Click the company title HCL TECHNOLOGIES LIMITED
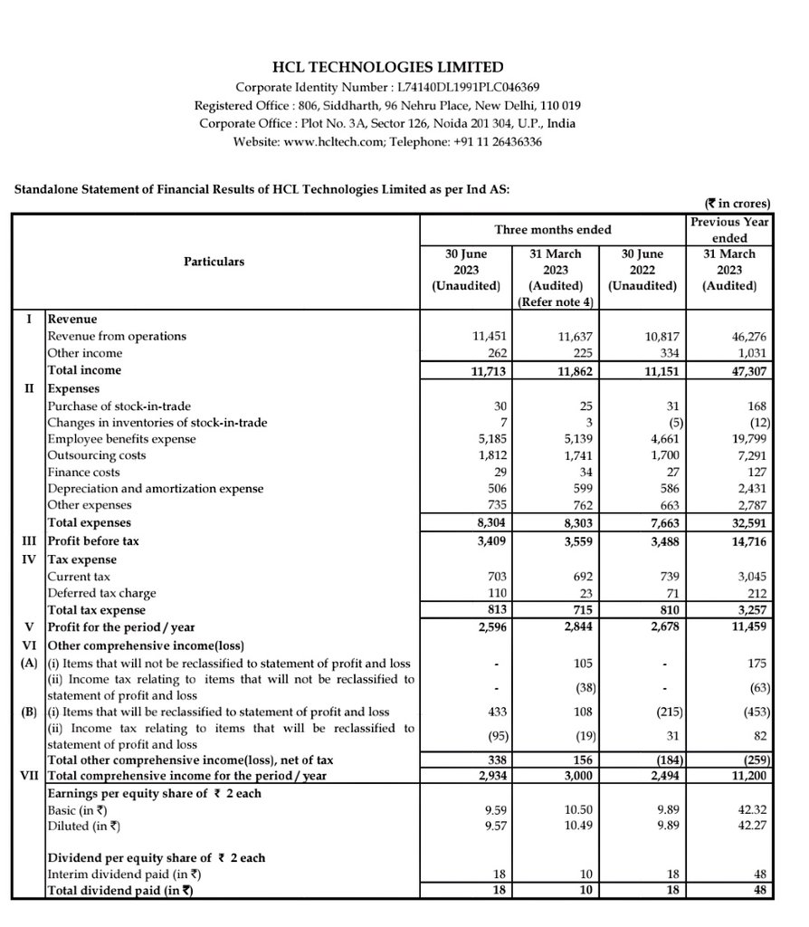(x=387, y=67)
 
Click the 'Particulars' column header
(x=214, y=262)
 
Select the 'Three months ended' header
(x=552, y=230)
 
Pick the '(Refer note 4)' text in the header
(x=555, y=301)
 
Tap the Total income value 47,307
(x=747, y=370)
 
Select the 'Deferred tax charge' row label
(x=101, y=593)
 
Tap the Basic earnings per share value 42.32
(x=749, y=810)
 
